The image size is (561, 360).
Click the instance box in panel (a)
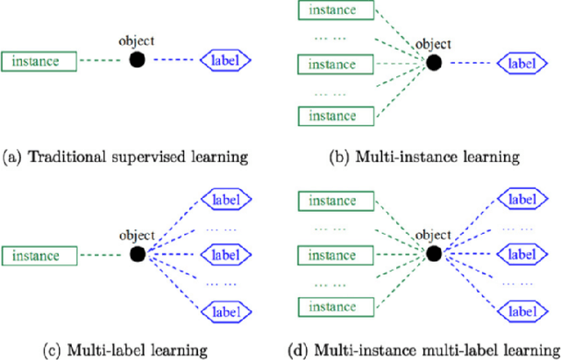tap(39, 61)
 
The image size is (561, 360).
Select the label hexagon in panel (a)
tap(227, 60)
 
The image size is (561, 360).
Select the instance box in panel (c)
tap(39, 256)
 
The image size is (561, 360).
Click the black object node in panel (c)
tap(137, 255)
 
